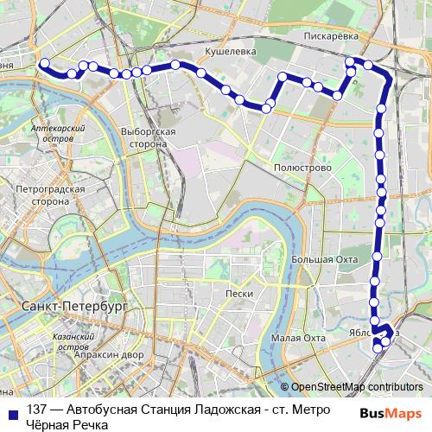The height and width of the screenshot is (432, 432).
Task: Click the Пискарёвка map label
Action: click(x=334, y=37)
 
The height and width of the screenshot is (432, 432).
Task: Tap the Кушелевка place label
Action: click(x=229, y=51)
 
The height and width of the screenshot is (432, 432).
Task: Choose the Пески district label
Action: click(x=238, y=294)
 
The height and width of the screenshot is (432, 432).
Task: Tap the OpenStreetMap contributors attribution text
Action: click(x=357, y=387)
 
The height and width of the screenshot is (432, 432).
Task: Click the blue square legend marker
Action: click(x=13, y=412)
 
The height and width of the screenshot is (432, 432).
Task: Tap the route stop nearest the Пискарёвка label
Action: click(x=350, y=61)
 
